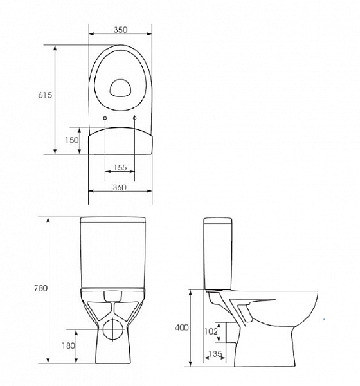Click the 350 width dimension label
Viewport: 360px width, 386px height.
(x=120, y=30)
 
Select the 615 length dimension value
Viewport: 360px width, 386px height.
(x=45, y=95)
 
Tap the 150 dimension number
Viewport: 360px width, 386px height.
(x=71, y=140)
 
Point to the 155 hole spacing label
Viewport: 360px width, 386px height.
(x=120, y=167)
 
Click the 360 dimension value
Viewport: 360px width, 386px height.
(x=120, y=187)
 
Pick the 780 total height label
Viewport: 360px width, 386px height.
(x=40, y=289)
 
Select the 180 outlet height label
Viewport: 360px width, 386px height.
(x=67, y=346)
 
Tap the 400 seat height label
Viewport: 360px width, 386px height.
(x=182, y=327)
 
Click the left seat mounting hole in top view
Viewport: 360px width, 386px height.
(x=105, y=118)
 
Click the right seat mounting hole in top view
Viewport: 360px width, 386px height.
(x=135, y=118)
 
